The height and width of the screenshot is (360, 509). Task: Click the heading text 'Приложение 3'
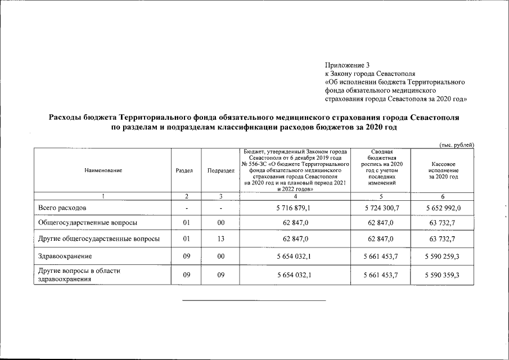(347, 65)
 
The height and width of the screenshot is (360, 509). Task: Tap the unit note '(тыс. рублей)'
(456, 145)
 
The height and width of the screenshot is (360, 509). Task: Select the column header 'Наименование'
(103, 170)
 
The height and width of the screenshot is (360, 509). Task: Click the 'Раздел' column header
(185, 170)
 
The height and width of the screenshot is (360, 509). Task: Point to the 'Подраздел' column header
(221, 170)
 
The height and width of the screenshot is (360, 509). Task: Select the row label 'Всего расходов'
(62, 208)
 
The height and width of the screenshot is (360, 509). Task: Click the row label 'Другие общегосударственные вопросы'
(98, 239)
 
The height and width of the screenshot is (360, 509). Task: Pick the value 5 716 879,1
(295, 208)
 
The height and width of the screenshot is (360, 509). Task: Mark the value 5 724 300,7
(381, 208)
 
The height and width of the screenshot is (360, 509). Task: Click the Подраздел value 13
(221, 239)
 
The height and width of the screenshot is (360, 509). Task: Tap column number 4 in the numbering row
(295, 196)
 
